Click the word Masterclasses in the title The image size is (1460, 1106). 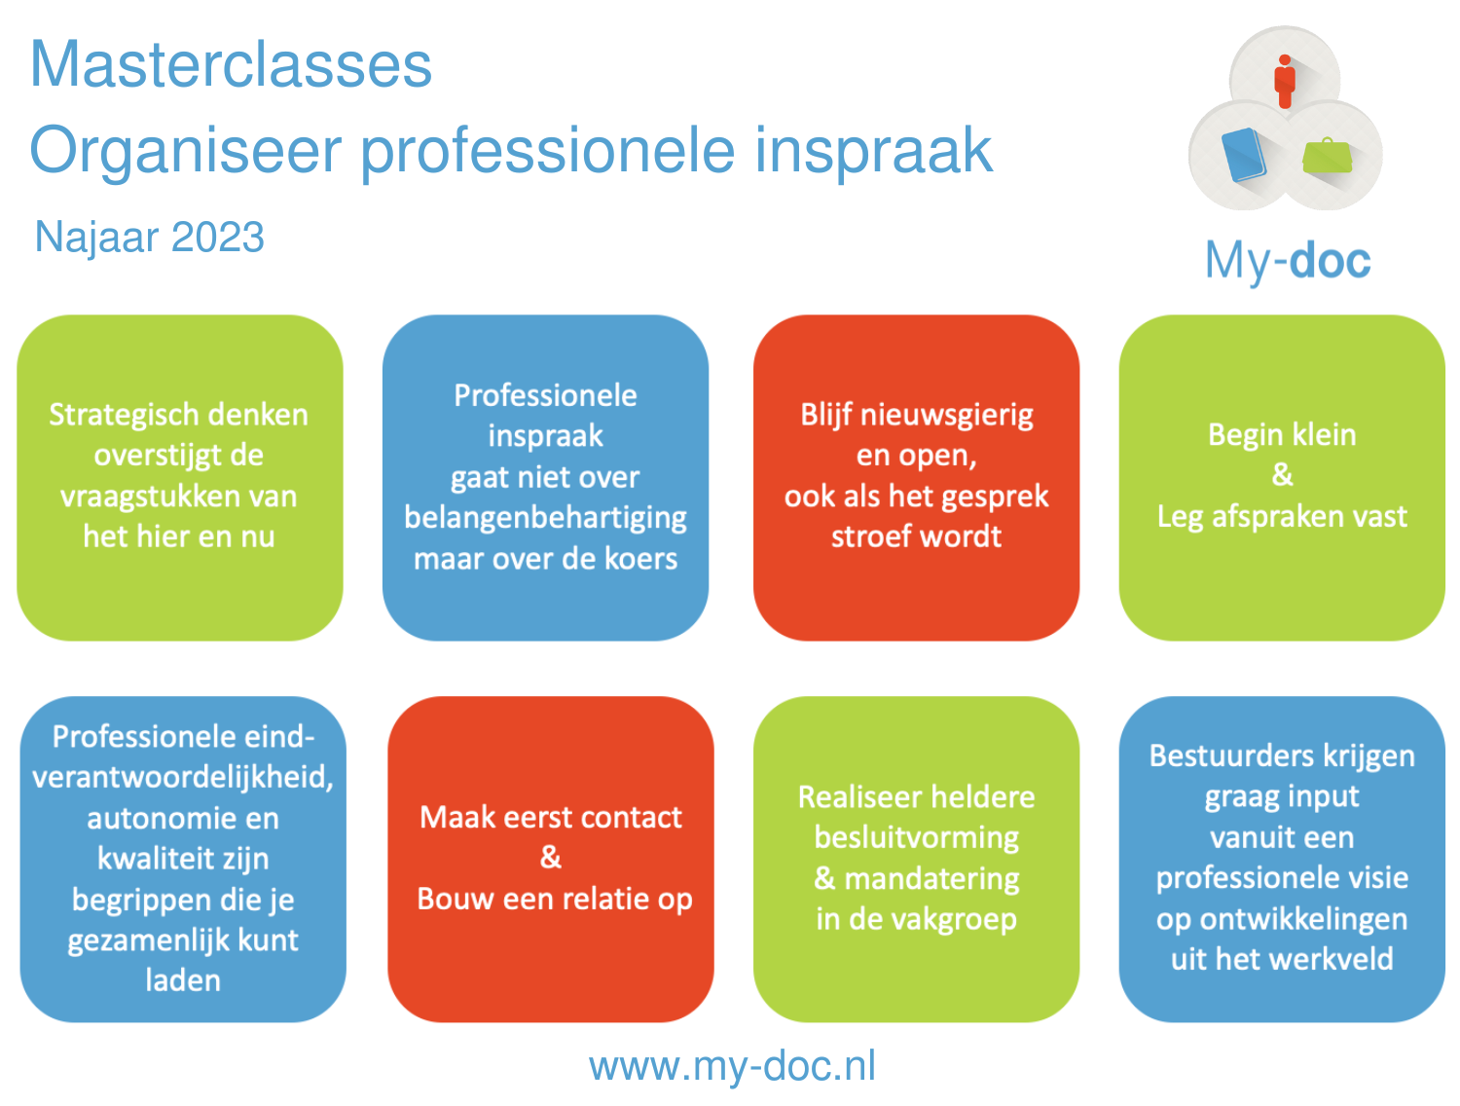[231, 64]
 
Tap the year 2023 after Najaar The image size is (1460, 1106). [217, 237]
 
